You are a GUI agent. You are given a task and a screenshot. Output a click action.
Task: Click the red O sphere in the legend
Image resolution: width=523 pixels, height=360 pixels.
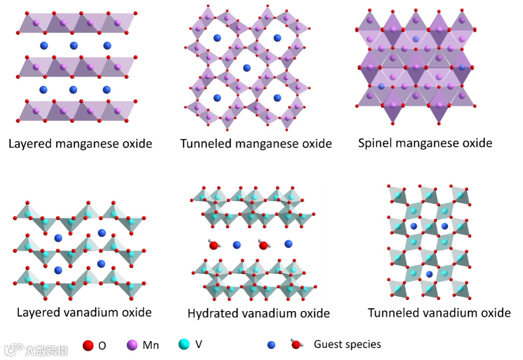click(x=88, y=346)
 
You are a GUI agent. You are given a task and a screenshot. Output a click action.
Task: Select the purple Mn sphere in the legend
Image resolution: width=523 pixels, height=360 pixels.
click(x=132, y=345)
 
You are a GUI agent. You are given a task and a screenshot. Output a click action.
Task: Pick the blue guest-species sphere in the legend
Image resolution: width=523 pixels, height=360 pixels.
click(x=271, y=345)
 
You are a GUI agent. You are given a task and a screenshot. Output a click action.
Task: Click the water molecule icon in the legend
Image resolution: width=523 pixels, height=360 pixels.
click(x=295, y=344)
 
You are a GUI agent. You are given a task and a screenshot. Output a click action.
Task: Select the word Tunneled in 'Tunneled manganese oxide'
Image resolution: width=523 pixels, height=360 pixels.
click(x=203, y=144)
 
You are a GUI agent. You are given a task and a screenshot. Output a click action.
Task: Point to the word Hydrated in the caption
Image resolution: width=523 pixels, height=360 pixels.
click(x=211, y=313)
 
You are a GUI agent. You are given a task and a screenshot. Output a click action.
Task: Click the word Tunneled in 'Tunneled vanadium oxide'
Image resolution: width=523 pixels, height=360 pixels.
click(x=391, y=313)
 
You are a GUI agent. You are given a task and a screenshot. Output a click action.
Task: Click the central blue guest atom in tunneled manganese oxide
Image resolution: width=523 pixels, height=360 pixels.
click(x=247, y=67)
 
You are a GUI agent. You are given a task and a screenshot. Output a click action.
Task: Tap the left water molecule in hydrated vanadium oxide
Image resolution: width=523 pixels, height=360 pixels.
click(x=213, y=245)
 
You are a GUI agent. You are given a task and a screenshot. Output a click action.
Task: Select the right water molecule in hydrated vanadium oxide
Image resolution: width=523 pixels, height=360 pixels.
click(x=264, y=245)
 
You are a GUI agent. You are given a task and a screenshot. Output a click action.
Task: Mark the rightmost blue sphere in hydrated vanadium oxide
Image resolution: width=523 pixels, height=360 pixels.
click(x=289, y=244)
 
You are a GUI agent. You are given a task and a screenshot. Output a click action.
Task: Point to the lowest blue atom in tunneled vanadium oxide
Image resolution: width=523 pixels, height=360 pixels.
click(x=429, y=275)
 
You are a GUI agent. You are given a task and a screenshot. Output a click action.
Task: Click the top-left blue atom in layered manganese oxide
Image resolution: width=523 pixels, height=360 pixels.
click(x=44, y=46)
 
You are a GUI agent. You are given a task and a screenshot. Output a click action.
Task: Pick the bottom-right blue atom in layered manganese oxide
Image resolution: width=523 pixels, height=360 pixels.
click(x=107, y=90)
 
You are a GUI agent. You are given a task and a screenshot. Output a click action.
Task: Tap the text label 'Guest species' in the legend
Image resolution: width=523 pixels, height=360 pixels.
click(x=347, y=344)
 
